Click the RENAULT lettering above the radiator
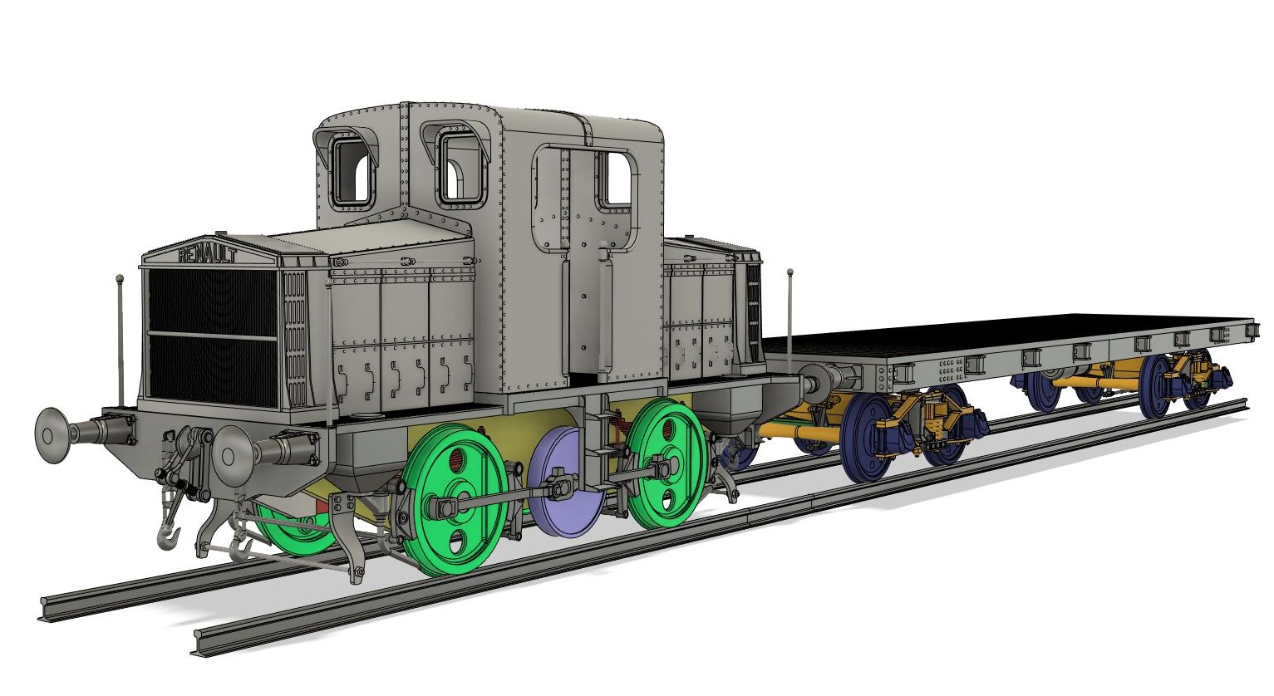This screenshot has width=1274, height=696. pos(207,255)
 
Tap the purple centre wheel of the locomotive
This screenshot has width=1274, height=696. pos(566,483)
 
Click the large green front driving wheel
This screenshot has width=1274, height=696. pos(455,499)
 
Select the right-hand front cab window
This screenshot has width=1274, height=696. pos(460,167)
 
